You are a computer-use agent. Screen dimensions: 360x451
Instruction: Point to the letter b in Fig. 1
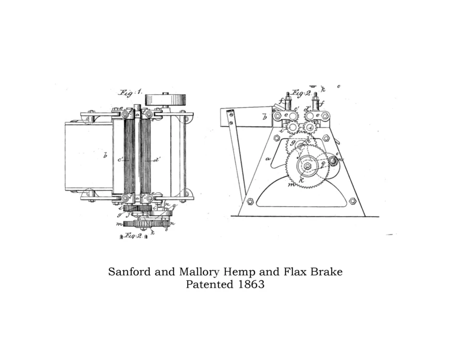click(105, 155)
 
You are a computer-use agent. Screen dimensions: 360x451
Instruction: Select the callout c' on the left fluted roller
click(120, 160)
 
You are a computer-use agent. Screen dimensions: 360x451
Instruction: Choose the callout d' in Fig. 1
click(156, 160)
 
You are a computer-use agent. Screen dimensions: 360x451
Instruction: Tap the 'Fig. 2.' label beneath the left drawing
click(133, 236)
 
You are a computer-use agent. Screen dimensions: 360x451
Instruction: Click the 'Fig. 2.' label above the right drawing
click(301, 94)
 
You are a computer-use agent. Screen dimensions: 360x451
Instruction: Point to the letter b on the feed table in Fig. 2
click(264, 117)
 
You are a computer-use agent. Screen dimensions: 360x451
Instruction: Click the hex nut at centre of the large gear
click(308, 166)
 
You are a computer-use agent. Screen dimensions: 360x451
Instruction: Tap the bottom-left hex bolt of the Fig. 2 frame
click(250, 202)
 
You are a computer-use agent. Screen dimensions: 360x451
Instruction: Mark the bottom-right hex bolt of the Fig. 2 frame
click(352, 201)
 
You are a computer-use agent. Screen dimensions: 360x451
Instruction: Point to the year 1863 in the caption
click(250, 285)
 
